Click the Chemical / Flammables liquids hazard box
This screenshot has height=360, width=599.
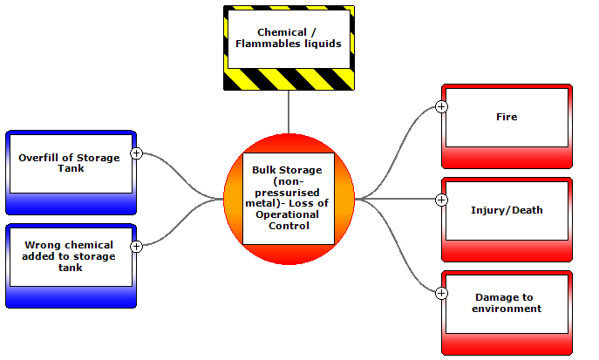(289, 49)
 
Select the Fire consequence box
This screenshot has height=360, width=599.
(507, 126)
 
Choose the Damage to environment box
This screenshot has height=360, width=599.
(507, 312)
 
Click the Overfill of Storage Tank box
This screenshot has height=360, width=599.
(71, 173)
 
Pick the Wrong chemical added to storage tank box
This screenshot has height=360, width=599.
(71, 266)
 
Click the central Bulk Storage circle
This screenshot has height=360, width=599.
(289, 198)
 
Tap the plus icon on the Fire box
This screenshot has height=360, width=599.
(441, 106)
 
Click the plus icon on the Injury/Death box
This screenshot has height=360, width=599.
(441, 200)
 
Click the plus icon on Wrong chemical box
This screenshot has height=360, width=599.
(136, 247)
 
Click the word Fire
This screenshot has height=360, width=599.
(507, 116)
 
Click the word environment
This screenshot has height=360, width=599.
(507, 308)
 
